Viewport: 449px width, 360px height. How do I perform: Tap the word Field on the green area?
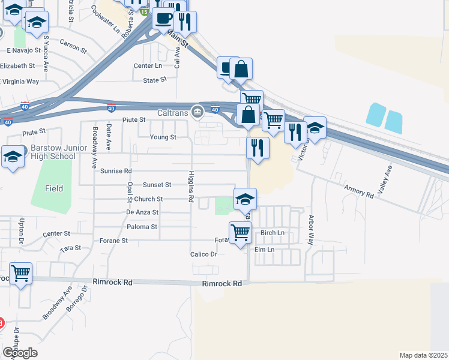click(54, 188)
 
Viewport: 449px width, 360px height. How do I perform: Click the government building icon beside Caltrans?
click(197, 112)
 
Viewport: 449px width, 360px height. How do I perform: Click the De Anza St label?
click(142, 212)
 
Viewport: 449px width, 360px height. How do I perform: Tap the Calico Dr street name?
click(203, 254)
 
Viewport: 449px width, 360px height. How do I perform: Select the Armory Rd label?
click(360, 191)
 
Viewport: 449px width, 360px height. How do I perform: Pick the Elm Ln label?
click(264, 250)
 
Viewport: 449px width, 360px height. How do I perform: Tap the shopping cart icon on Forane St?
click(241, 232)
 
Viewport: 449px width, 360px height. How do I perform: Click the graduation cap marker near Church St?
click(245, 199)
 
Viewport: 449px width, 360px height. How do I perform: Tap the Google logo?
click(20, 353)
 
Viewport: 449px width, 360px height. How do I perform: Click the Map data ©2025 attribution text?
click(423, 355)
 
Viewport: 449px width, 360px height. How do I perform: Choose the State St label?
click(154, 80)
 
